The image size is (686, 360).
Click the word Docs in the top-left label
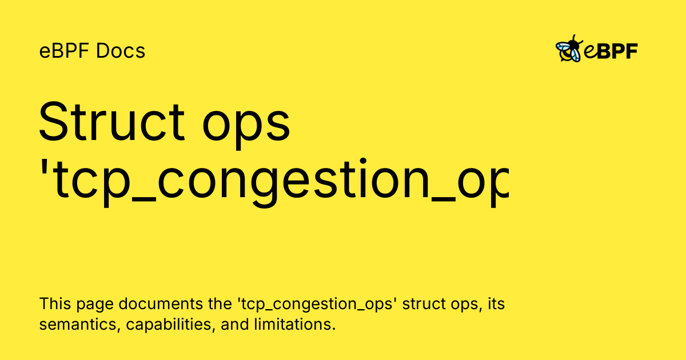(121, 51)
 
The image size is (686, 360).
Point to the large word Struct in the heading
(111, 122)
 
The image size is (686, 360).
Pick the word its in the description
(496, 304)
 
